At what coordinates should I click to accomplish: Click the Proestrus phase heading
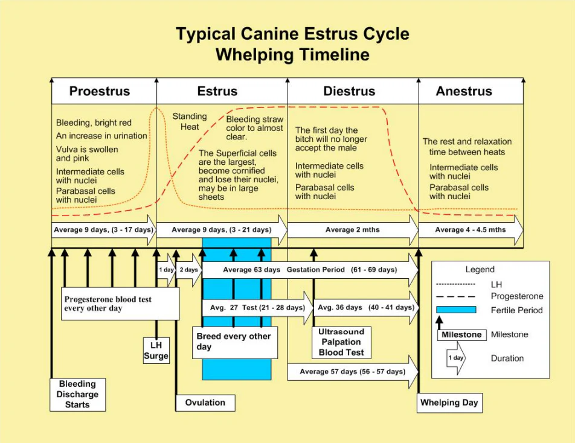click(100, 92)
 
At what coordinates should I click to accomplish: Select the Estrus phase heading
click(217, 92)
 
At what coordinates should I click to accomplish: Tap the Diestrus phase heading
click(349, 92)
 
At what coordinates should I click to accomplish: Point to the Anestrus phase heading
click(464, 92)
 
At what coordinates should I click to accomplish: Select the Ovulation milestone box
click(205, 403)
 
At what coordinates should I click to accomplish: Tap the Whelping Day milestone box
click(449, 403)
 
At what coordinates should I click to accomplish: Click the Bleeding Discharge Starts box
click(77, 394)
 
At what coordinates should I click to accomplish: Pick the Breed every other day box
click(234, 342)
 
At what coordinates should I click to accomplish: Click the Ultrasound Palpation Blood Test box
click(341, 342)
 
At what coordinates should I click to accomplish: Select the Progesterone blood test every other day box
click(121, 304)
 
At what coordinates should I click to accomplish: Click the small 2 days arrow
click(188, 270)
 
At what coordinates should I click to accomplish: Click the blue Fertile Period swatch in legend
click(456, 310)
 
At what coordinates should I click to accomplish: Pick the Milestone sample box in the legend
click(461, 335)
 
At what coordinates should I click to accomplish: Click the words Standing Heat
click(190, 121)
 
